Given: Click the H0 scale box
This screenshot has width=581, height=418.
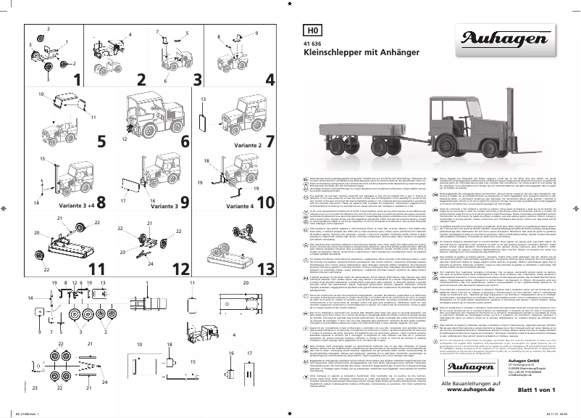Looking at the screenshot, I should tap(312, 30).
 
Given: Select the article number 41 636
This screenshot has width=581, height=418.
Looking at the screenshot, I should tap(312, 46).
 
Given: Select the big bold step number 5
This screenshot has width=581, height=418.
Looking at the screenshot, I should tap(101, 140).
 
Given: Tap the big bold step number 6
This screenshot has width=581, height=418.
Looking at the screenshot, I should tap(185, 140).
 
